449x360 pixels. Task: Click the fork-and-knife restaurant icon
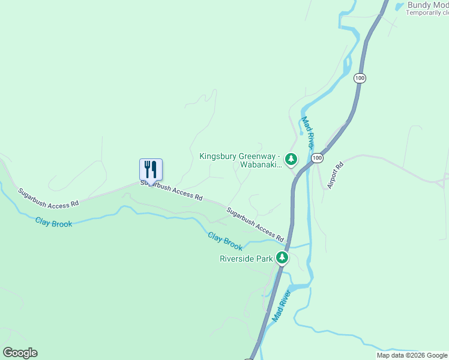click(151, 169)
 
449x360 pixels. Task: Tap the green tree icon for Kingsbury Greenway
click(291, 159)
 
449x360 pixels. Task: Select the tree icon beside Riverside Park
click(282, 259)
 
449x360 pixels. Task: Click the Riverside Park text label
click(246, 259)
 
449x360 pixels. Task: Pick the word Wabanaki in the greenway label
click(261, 164)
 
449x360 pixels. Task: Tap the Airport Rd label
click(334, 175)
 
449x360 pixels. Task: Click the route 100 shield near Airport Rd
click(318, 158)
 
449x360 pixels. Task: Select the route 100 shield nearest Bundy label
click(359, 78)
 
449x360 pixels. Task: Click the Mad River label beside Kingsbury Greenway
click(308, 133)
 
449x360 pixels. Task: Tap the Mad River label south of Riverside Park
click(281, 305)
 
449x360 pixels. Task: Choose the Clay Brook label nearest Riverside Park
click(225, 242)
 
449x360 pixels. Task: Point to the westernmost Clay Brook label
click(53, 223)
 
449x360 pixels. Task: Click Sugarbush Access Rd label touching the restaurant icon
click(172, 190)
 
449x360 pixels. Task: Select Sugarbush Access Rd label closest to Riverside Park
click(255, 224)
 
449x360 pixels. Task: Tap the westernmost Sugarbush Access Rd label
click(48, 199)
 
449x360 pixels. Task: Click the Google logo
click(20, 353)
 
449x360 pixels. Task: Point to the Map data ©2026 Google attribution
click(412, 355)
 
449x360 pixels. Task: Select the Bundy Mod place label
click(427, 5)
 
